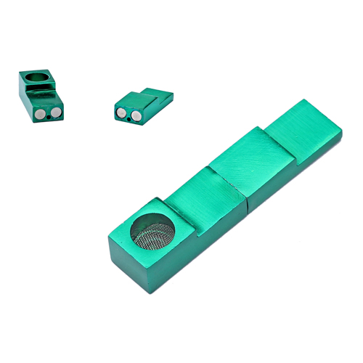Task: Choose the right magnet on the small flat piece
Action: coord(135,116)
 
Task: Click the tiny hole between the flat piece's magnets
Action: coord(129,118)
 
